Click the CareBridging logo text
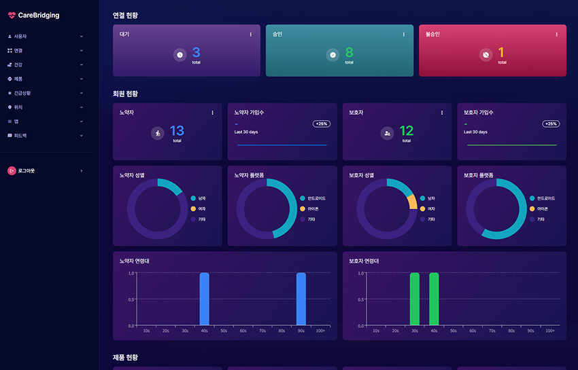(39, 15)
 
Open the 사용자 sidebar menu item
(20, 36)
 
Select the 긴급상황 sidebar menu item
(22, 93)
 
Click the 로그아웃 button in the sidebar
(27, 170)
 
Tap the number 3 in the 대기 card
(196, 52)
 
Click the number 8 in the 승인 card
(349, 52)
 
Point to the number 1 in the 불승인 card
(502, 52)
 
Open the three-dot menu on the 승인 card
(403, 34)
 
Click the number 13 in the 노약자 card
(177, 131)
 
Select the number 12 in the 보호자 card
(406, 131)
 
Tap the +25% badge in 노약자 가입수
(321, 124)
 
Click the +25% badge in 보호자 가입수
(551, 124)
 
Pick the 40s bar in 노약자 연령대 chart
(204, 299)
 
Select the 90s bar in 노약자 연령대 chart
(301, 299)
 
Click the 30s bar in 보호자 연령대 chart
(415, 299)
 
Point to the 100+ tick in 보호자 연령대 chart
(550, 331)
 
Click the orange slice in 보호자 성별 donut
(412, 202)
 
